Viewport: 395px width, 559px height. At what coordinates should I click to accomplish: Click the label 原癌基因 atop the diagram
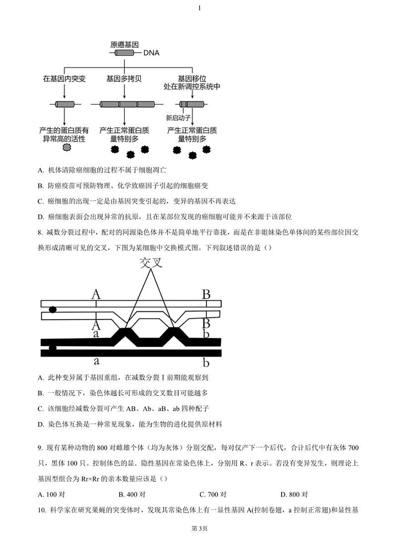[124, 44]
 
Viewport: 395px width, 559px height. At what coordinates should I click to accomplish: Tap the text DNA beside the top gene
[151, 53]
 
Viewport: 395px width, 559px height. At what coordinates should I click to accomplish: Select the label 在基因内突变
[64, 79]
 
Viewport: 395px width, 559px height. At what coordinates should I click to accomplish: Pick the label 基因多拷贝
[124, 79]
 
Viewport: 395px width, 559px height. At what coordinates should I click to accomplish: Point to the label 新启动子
[178, 118]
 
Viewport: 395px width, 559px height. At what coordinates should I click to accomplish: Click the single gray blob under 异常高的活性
[66, 148]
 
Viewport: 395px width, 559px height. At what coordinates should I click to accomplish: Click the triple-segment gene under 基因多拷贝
[127, 104]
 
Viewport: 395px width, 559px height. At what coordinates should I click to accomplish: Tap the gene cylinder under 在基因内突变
[64, 104]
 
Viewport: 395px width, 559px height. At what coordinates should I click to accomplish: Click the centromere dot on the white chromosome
[52, 310]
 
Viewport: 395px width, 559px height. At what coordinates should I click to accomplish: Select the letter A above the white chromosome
[96, 295]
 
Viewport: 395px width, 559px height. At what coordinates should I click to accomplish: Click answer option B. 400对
[132, 494]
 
